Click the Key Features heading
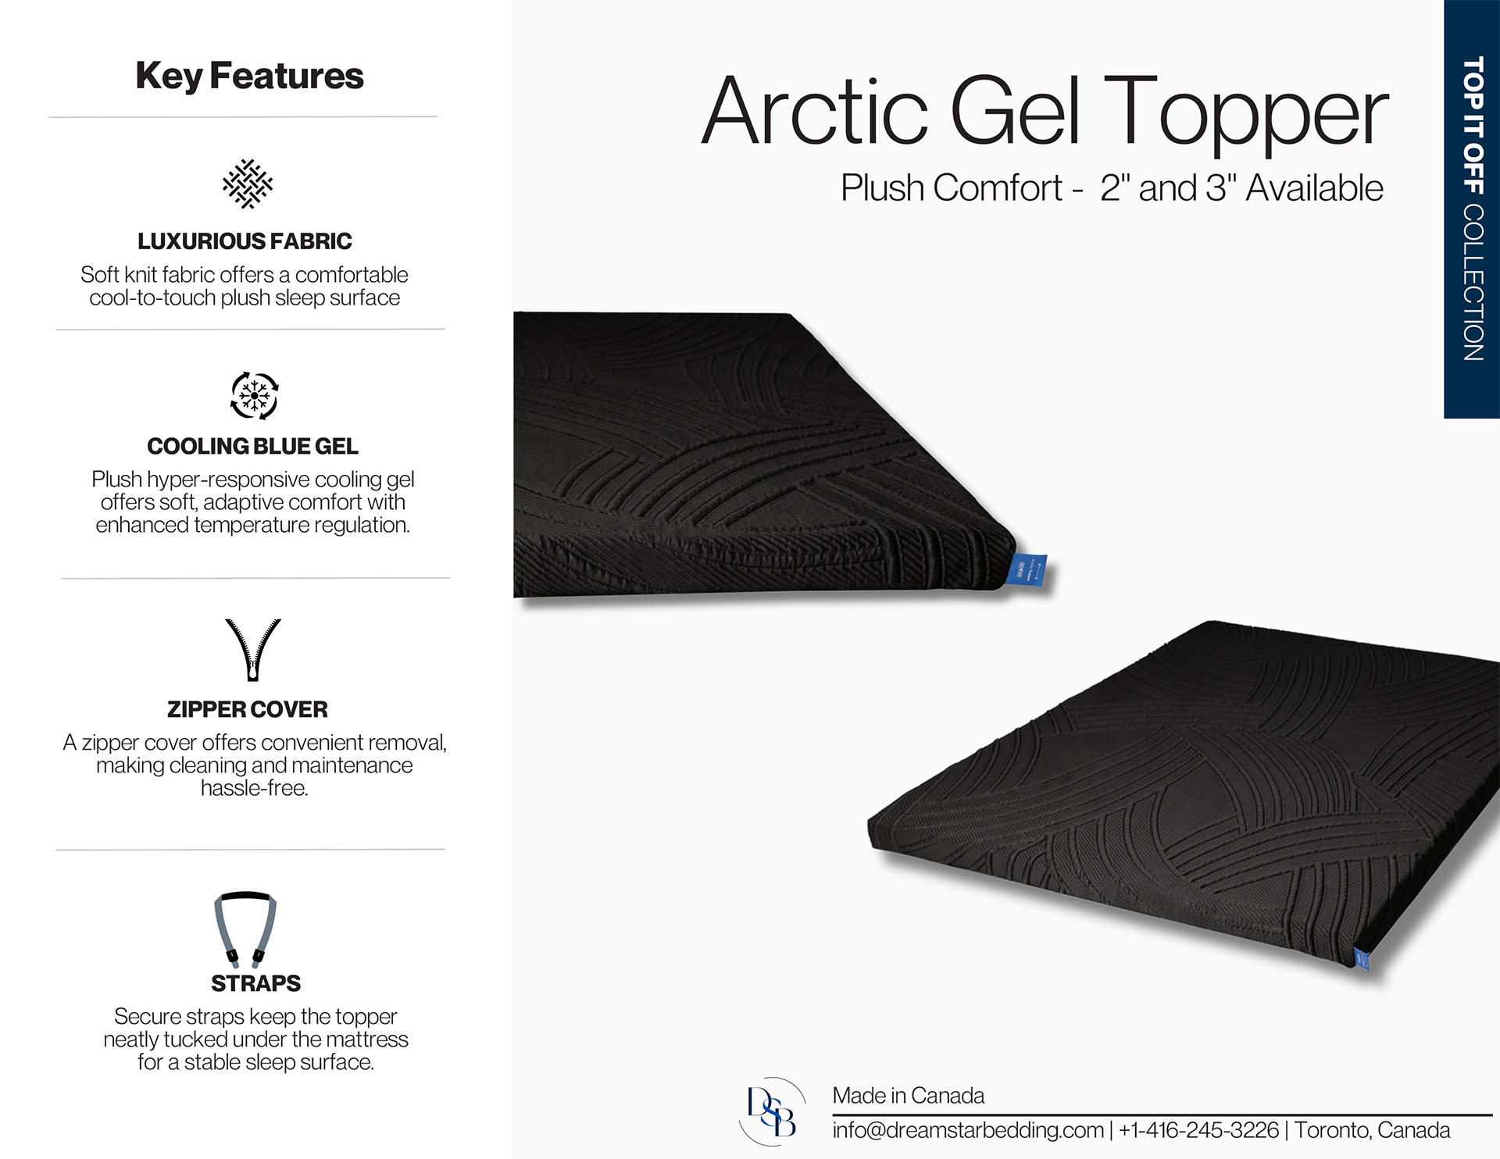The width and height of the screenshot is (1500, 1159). (249, 77)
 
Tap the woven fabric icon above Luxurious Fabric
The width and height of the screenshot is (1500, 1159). (248, 184)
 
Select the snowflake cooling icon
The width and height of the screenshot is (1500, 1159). (254, 396)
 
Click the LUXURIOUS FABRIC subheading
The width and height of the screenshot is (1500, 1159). (245, 241)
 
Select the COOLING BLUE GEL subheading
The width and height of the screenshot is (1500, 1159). (252, 446)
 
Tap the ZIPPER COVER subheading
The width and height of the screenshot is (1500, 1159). (248, 709)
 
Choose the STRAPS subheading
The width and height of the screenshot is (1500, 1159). (255, 983)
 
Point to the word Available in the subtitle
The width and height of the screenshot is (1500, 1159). (1314, 188)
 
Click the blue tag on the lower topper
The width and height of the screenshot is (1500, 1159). (1361, 959)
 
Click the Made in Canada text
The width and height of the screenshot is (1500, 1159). (908, 1096)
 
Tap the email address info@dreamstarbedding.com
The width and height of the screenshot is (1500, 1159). (968, 1130)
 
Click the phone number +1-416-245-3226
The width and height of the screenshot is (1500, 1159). (1198, 1130)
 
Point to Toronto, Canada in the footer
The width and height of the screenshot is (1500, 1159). (1373, 1130)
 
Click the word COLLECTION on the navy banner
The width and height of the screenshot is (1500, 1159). (1473, 282)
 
